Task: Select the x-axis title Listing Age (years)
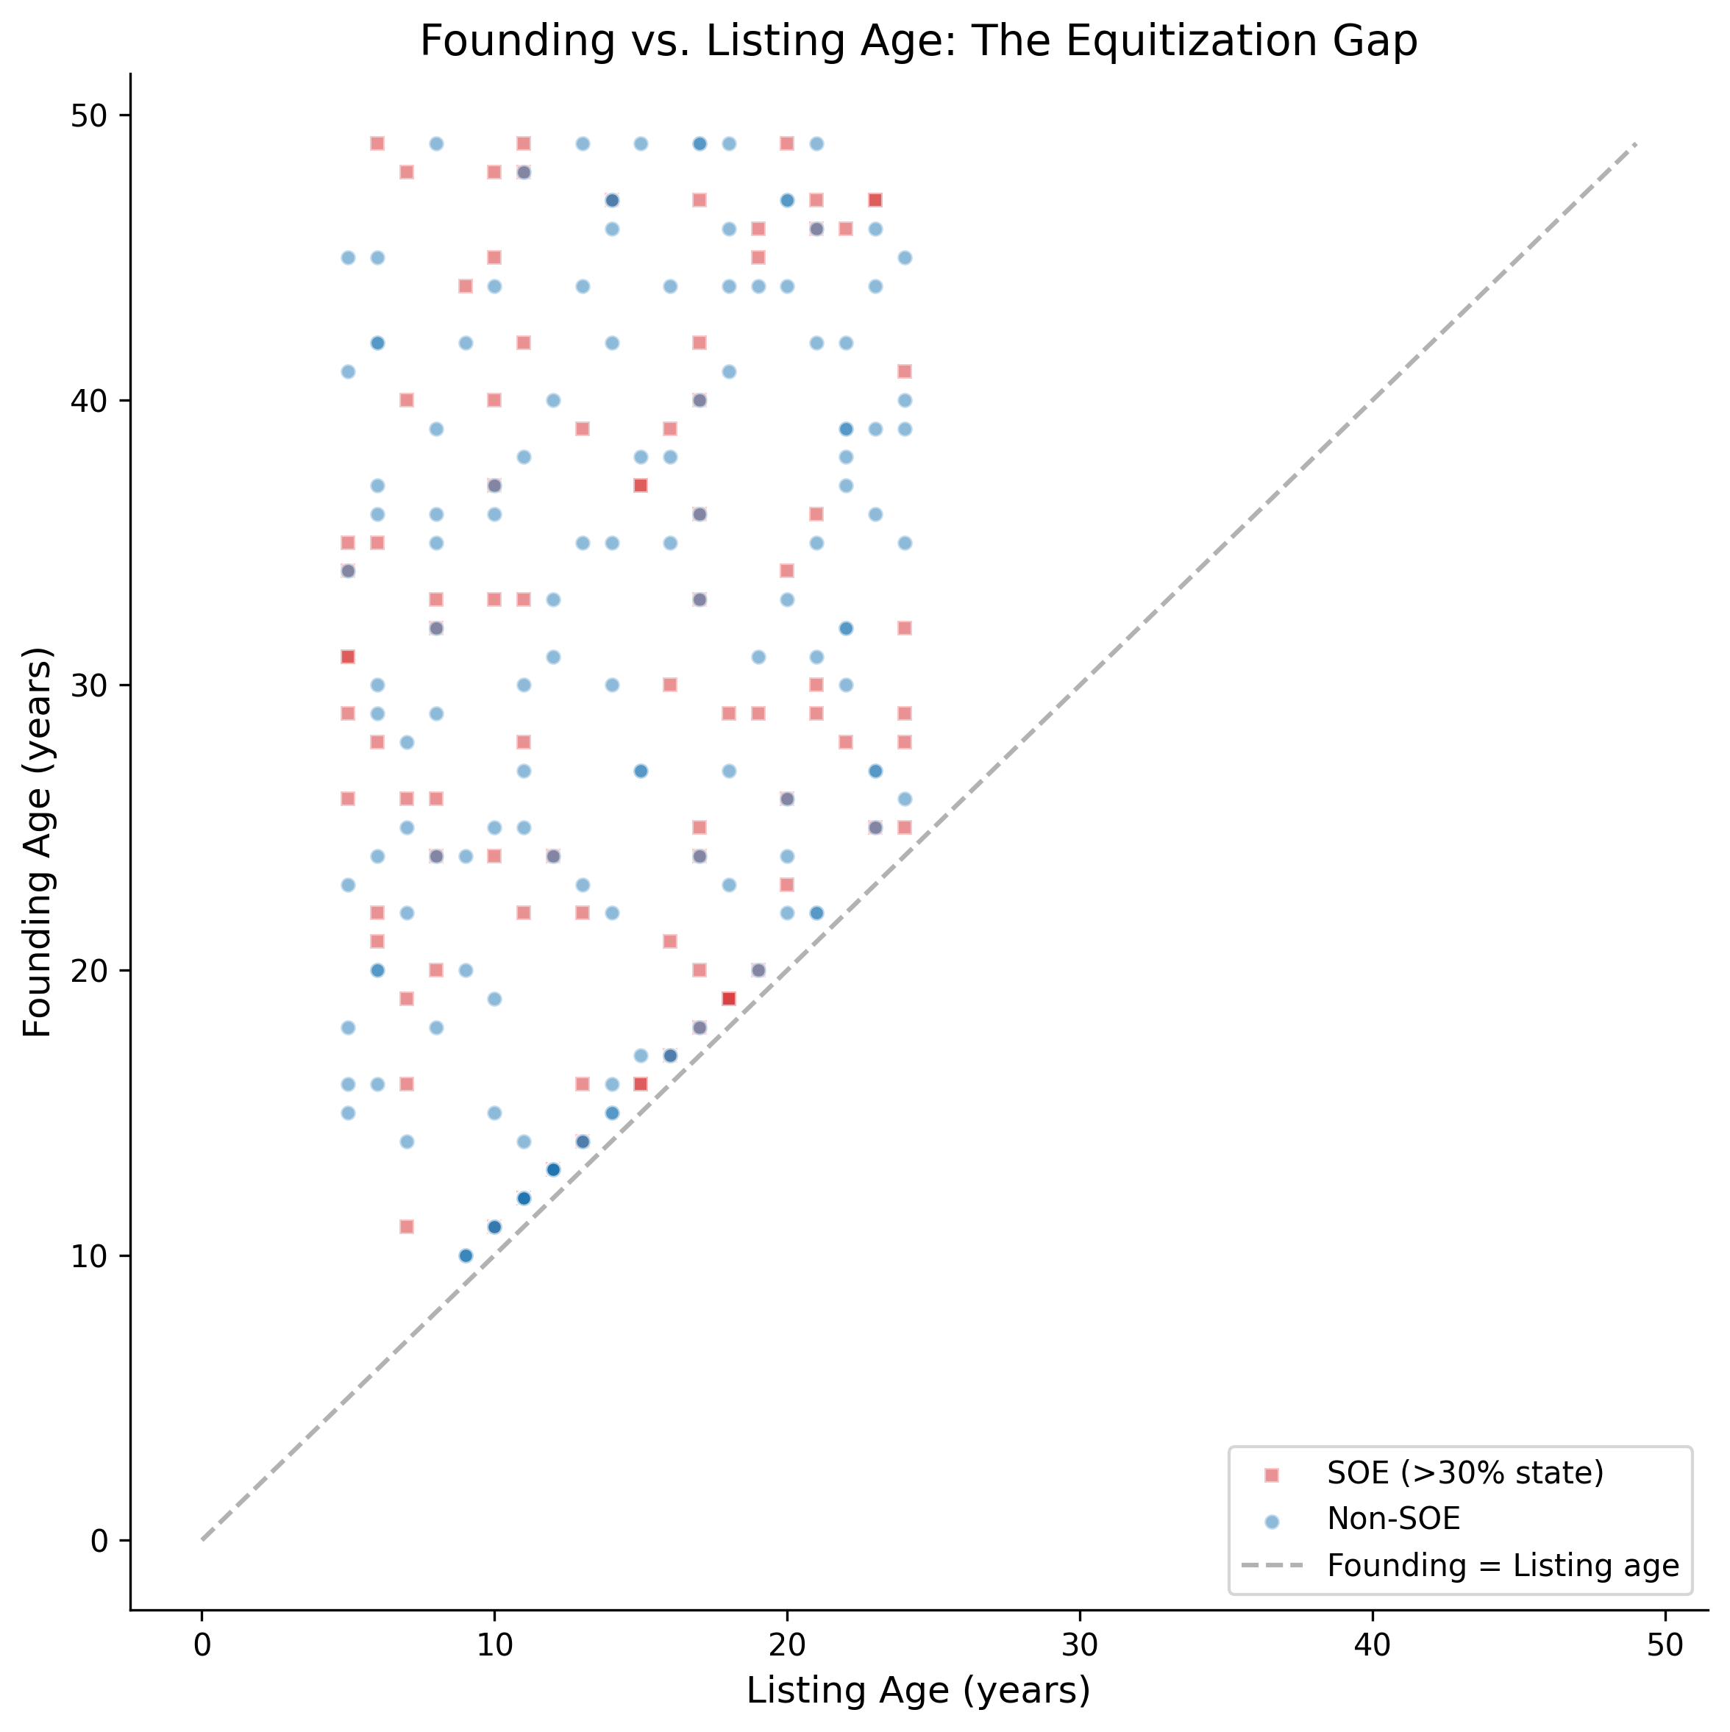(918, 1691)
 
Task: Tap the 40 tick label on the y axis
(88, 401)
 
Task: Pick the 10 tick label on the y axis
(88, 1256)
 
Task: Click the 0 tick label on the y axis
(98, 1541)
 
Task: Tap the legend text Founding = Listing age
(1502, 1565)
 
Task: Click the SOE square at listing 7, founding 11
(406, 1227)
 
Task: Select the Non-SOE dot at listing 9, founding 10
(465, 1255)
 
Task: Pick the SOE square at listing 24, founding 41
(905, 371)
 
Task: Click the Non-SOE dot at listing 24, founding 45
(905, 257)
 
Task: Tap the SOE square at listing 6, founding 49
(377, 143)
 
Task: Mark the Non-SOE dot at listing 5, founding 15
(348, 1113)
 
